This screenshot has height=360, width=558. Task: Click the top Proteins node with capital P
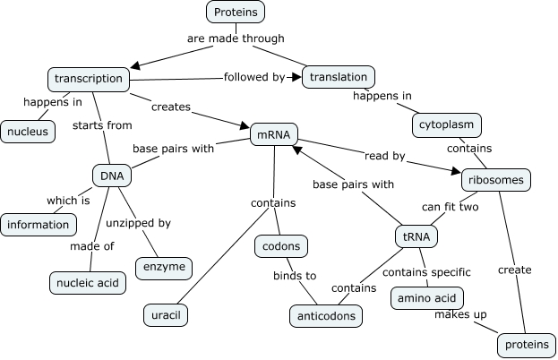point(236,13)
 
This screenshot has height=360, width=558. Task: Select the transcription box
point(88,79)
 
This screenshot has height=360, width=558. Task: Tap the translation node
point(339,77)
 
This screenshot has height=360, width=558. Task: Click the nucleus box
point(27,132)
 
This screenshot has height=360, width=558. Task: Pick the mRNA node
point(273,134)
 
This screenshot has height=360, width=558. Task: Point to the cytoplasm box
point(447,124)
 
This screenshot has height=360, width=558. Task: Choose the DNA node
point(112,176)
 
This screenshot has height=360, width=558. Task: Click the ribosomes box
point(495,180)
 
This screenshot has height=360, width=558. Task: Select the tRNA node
point(415,236)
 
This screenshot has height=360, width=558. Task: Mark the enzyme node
point(163,267)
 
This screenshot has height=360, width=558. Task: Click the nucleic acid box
point(87,283)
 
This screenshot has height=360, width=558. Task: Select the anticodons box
point(326,315)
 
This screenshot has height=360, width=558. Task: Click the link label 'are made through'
point(236,39)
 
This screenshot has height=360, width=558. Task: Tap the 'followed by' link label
point(254,77)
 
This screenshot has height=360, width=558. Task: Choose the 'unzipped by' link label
point(139,222)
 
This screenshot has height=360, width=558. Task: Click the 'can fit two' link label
point(451,207)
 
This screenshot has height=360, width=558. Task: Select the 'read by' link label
point(385,156)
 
